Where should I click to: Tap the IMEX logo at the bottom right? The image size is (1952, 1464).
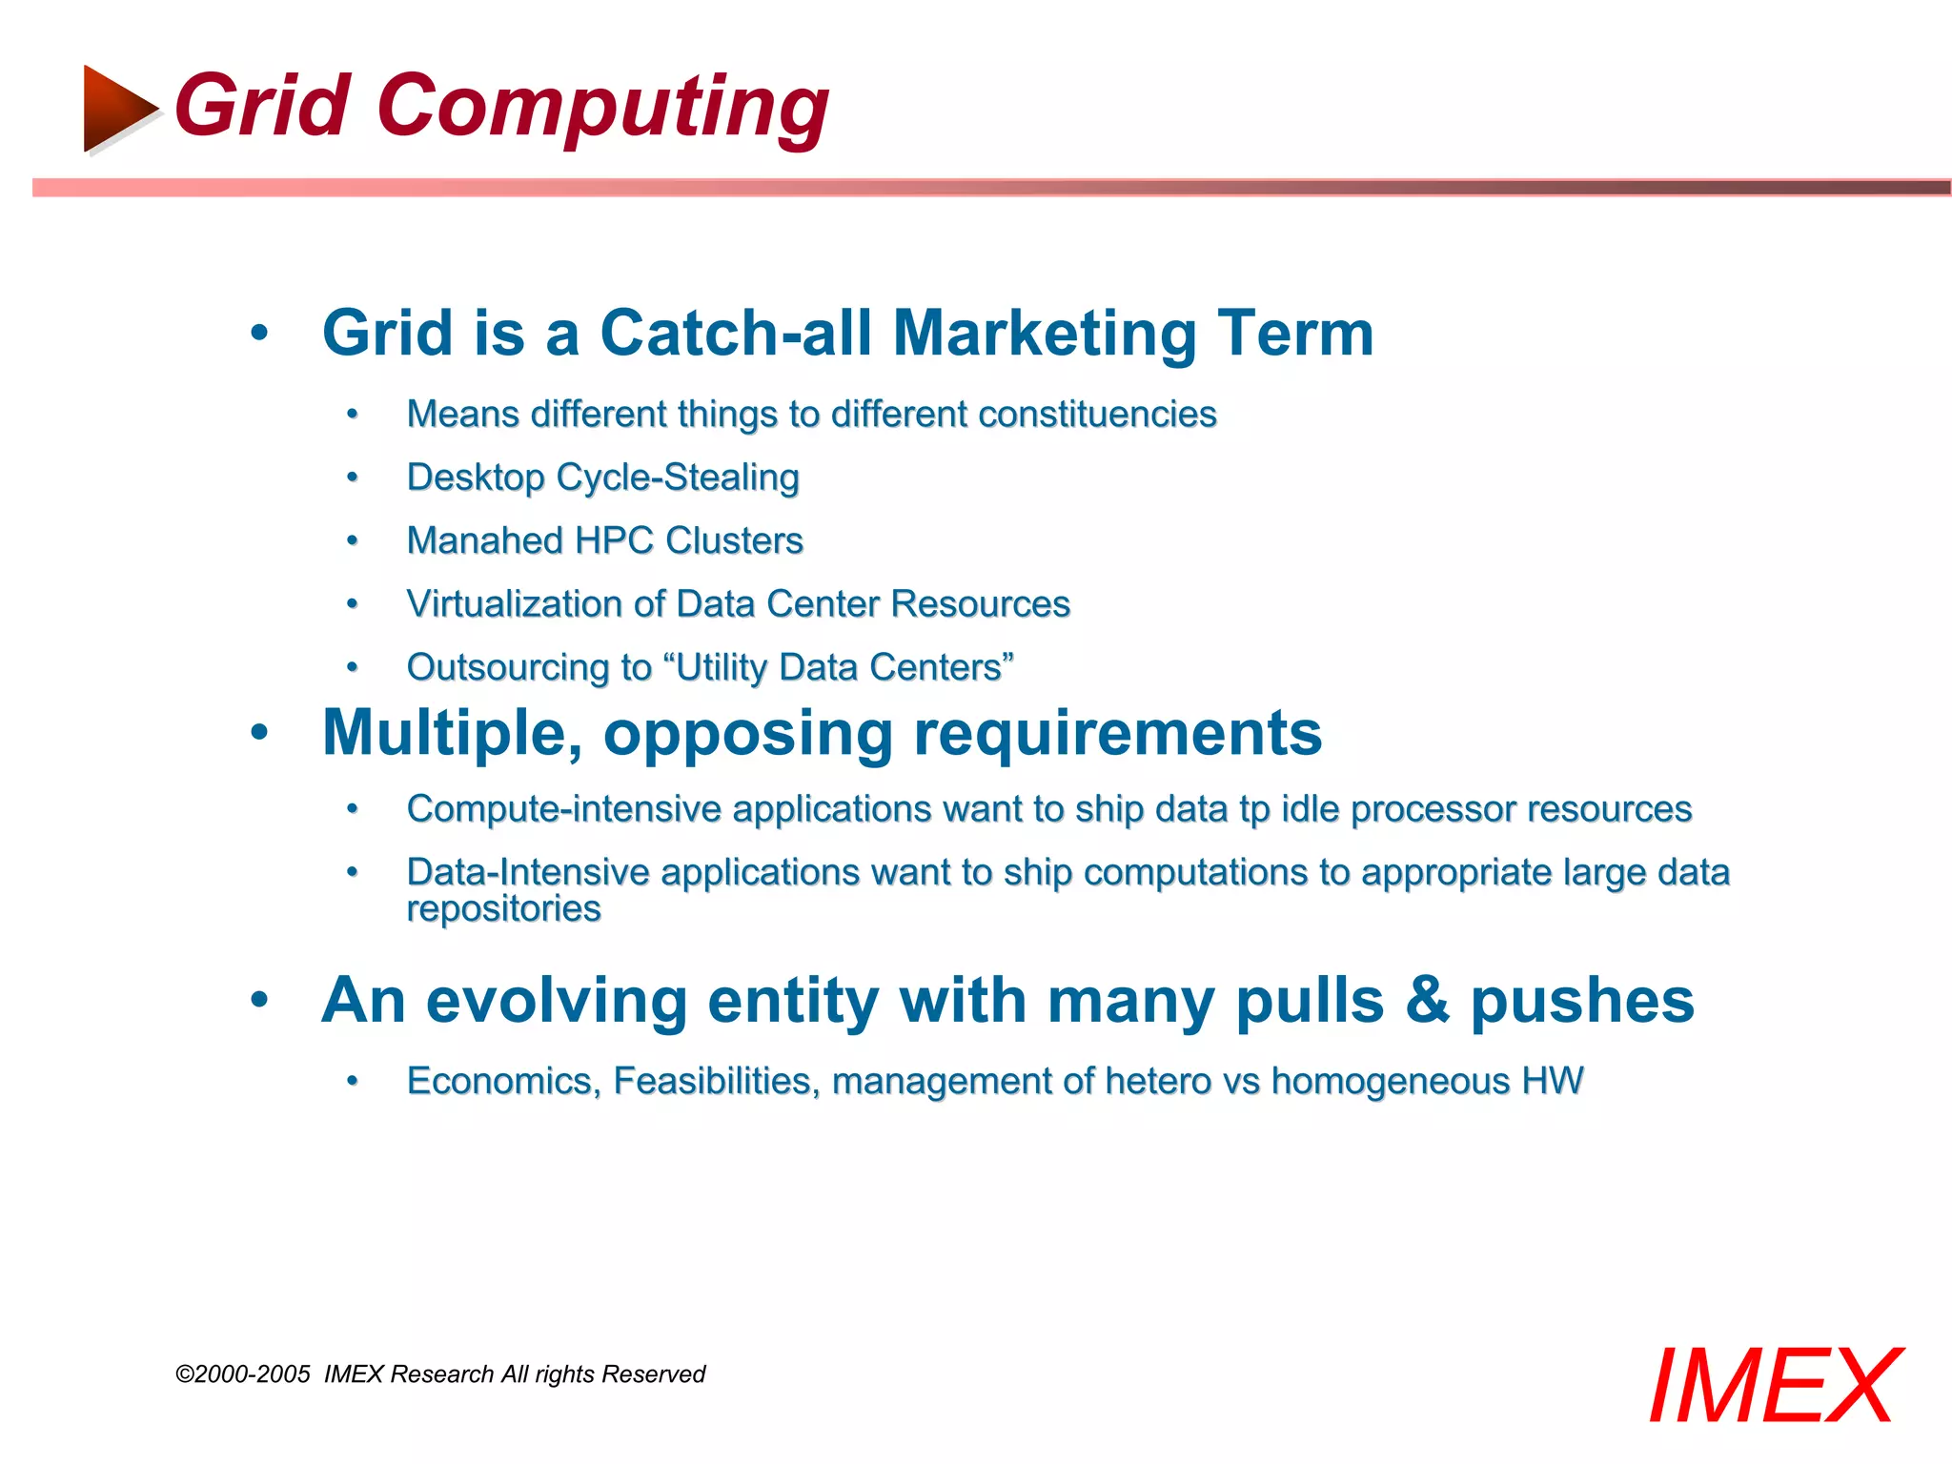[x=1774, y=1387]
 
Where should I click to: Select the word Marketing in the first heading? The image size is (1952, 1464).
[x=1044, y=333]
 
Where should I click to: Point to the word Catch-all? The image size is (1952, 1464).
[x=735, y=333]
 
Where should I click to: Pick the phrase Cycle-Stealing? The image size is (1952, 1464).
[x=678, y=477]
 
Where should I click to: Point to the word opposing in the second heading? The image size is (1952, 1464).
[x=747, y=734]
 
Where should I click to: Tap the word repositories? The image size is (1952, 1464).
[x=503, y=909]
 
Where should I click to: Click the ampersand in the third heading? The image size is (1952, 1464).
[x=1427, y=1001]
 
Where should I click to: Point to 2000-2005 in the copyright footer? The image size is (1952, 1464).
[x=252, y=1373]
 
